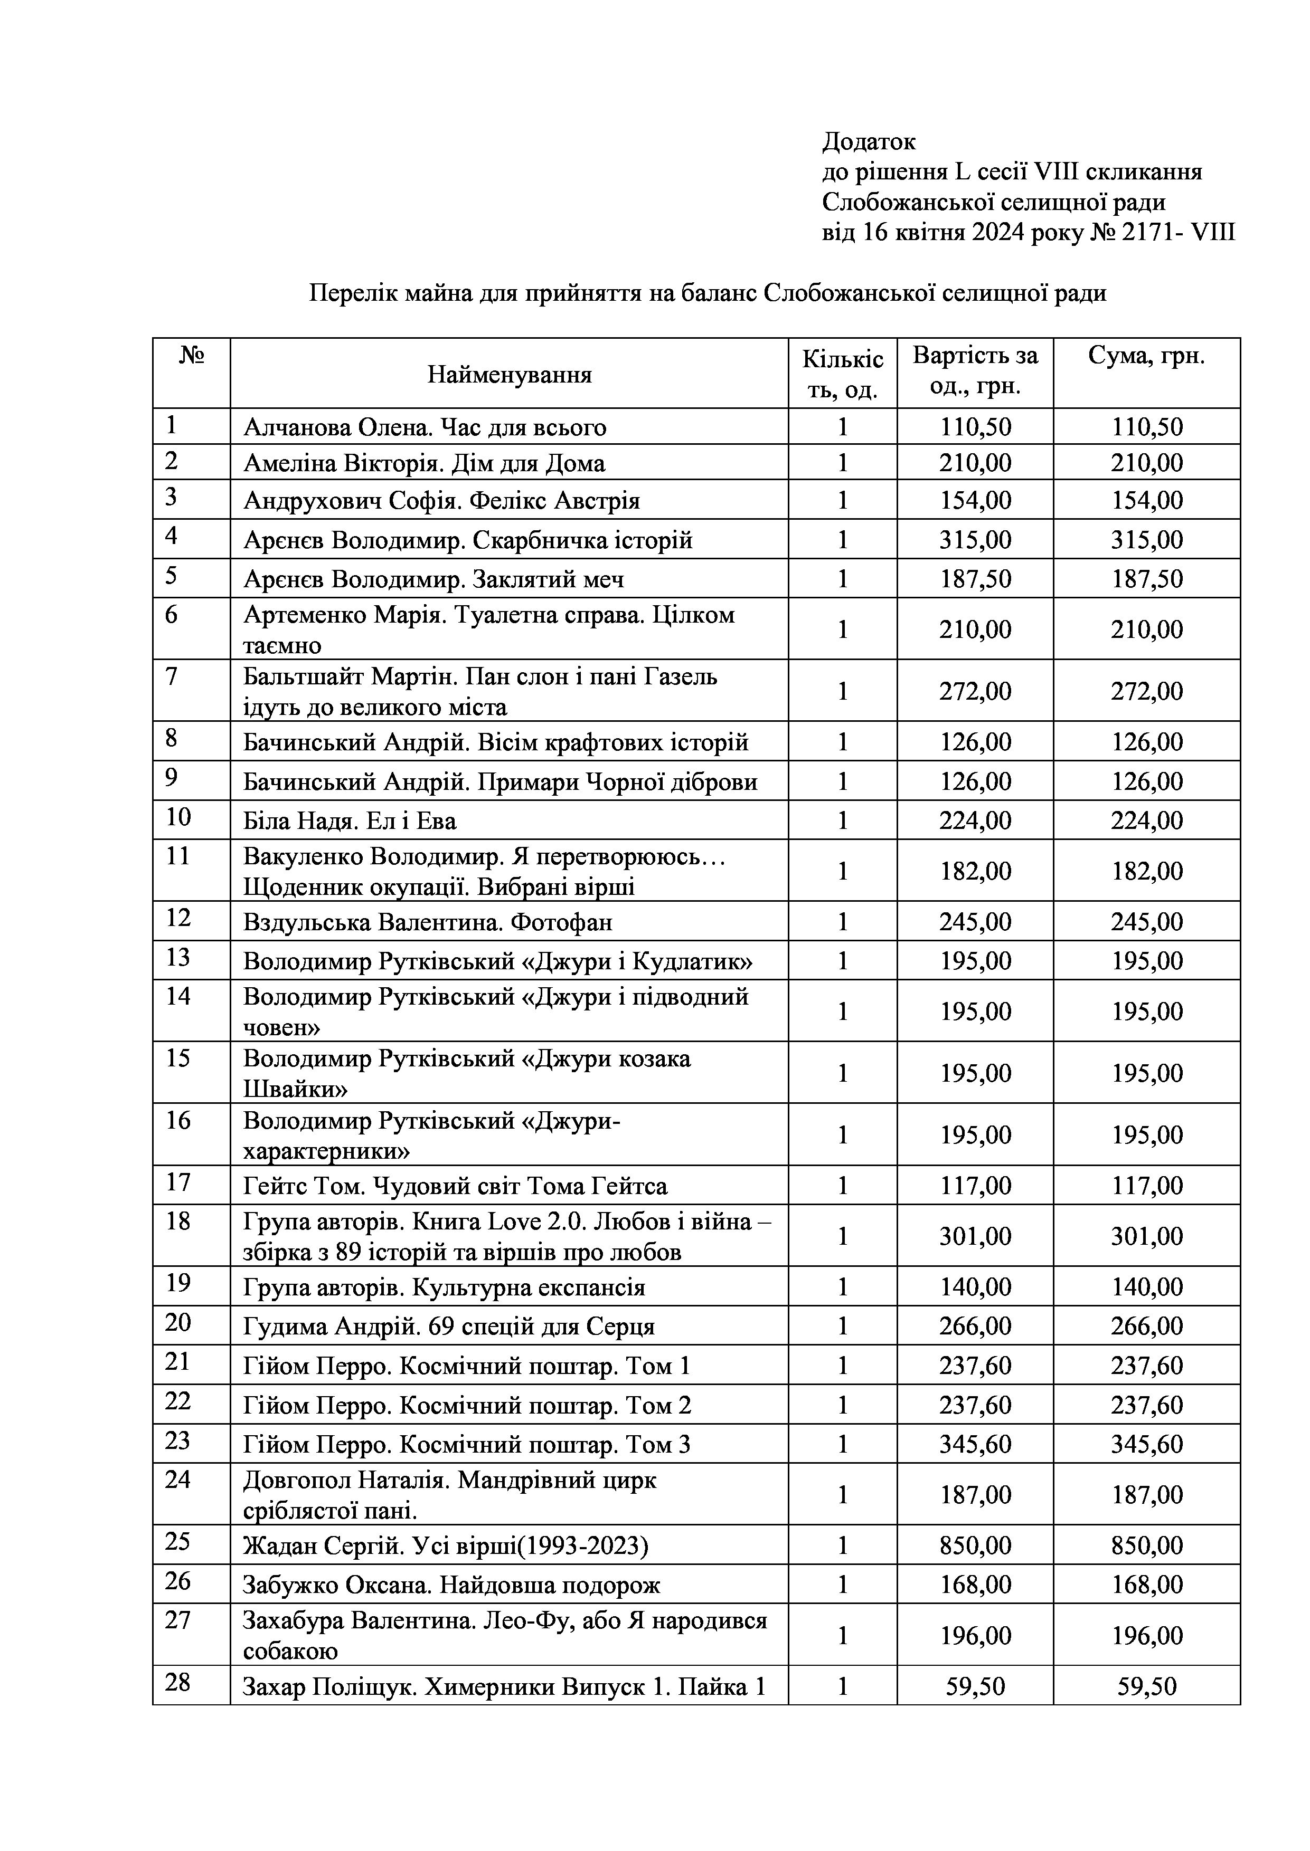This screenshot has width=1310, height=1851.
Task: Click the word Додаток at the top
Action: pos(869,142)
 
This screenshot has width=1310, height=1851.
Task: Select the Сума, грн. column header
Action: pos(1146,356)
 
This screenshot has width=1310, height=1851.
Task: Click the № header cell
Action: pos(191,356)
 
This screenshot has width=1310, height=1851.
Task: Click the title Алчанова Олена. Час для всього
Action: pos(425,427)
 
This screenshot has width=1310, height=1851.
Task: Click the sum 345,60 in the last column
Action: pos(1146,1444)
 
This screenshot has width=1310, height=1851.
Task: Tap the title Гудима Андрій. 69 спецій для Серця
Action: pos(448,1326)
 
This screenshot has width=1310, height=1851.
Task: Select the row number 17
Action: pos(177,1182)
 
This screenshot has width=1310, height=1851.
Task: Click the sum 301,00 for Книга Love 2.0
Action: pos(1146,1236)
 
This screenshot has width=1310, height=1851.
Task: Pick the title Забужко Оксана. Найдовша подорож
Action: pos(451,1585)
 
